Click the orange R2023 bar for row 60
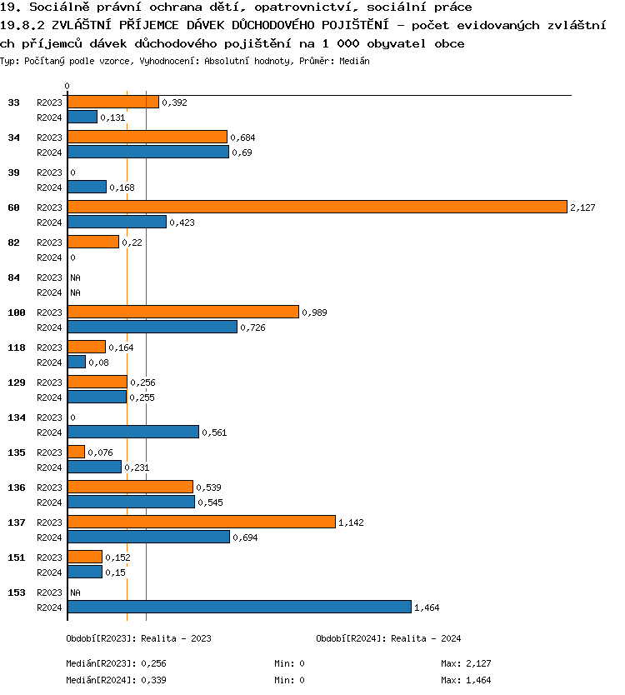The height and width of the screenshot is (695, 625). tap(317, 207)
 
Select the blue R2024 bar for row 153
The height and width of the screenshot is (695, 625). tap(239, 607)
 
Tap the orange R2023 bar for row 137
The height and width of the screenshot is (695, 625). tap(201, 522)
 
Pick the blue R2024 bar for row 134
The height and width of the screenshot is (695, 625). tap(133, 432)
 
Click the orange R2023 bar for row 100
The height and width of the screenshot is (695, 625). tap(182, 312)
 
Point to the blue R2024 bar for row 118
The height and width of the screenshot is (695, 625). tap(77, 362)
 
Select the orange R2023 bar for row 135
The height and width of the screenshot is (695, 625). tap(76, 452)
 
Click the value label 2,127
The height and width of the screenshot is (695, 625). tap(582, 207)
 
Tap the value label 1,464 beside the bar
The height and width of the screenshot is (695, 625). tap(427, 607)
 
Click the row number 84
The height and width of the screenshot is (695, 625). tap(13, 277)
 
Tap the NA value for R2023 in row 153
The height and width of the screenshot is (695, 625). tap(75, 592)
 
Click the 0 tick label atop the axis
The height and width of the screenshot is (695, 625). tap(67, 86)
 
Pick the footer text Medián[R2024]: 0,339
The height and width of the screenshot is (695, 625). tap(113, 680)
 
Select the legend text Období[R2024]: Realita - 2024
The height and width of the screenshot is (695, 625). tap(389, 638)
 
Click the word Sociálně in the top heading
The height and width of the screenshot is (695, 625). tap(58, 7)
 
